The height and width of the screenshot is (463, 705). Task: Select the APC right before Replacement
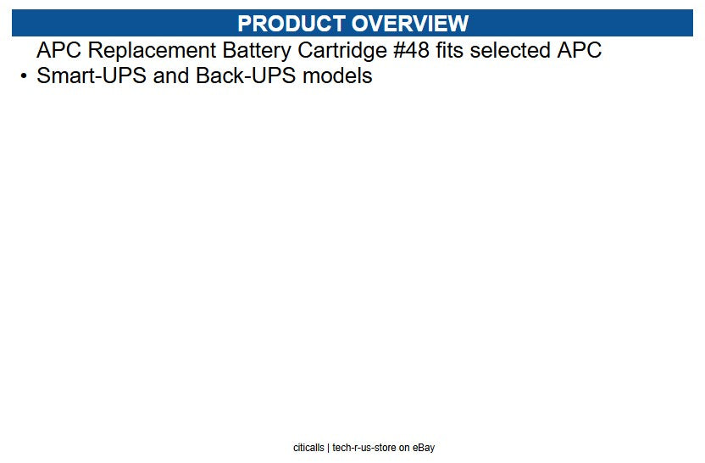pyautogui.click(x=59, y=50)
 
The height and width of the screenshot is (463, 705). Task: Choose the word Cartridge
pyautogui.click(x=342, y=50)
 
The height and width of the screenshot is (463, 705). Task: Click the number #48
pyautogui.click(x=413, y=50)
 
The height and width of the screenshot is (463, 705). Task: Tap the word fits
pyautogui.click(x=450, y=50)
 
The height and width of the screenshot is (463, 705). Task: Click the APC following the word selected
pyautogui.click(x=579, y=50)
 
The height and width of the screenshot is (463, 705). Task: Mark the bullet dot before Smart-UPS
pyautogui.click(x=24, y=76)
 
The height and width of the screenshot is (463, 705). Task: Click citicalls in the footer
pyautogui.click(x=308, y=448)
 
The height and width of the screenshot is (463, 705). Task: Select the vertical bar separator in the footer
pyautogui.click(x=328, y=448)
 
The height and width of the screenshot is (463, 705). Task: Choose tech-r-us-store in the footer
pyautogui.click(x=364, y=448)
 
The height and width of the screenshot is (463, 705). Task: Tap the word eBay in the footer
pyautogui.click(x=424, y=448)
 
